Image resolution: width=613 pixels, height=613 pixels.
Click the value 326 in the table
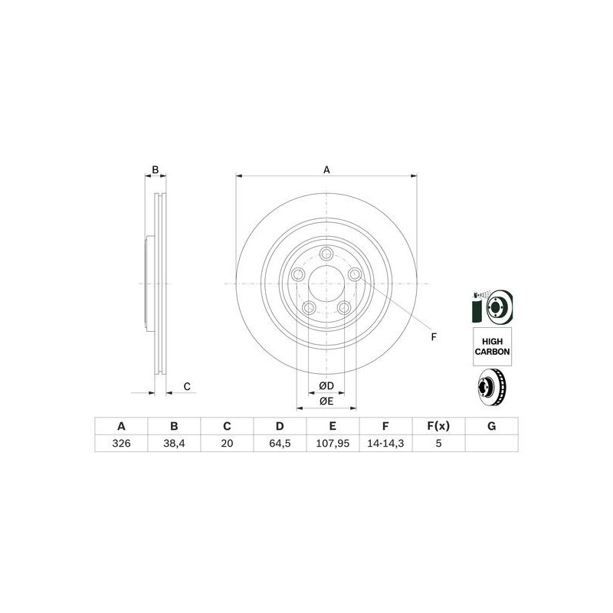120,444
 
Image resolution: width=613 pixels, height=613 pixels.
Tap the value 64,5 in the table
280,444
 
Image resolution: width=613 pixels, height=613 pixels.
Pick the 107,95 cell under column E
333,444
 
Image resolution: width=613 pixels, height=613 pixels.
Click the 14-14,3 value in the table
385,444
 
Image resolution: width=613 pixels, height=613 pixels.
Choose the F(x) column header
438,427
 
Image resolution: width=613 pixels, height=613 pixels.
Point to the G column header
491,427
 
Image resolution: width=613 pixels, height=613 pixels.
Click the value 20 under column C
227,444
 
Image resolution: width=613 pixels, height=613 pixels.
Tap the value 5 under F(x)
438,444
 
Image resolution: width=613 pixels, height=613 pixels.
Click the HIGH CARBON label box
492,346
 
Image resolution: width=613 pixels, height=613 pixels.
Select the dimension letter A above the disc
326,169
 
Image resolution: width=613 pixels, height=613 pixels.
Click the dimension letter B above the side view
155,169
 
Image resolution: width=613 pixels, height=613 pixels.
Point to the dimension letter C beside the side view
186,386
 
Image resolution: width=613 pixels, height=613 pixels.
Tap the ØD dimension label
326,385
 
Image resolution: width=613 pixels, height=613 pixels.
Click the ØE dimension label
326,401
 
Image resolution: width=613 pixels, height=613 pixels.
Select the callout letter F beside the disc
434,337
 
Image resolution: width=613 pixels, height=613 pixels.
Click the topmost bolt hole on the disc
326,255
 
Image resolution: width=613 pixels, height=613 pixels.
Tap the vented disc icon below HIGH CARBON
492,388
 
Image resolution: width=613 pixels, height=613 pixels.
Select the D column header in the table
280,427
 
